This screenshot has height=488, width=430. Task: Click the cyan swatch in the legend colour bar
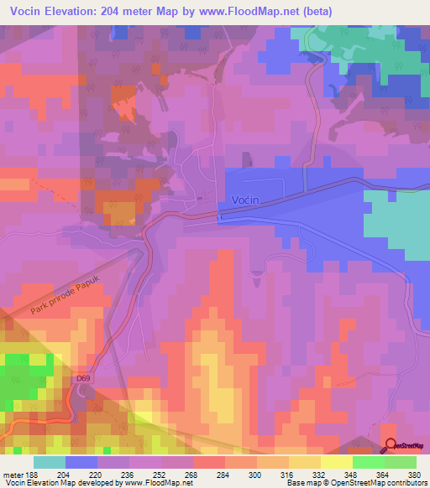point(50,462)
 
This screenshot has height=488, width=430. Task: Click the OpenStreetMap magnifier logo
point(391,445)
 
